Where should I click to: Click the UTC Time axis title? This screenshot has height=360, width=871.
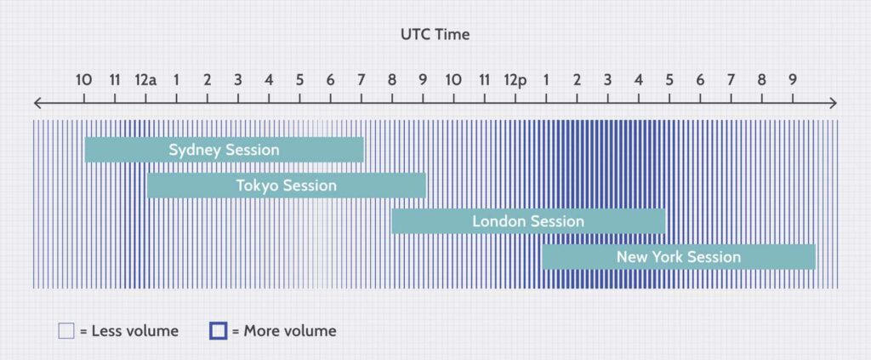click(x=435, y=34)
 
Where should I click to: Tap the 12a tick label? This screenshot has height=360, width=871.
click(x=145, y=80)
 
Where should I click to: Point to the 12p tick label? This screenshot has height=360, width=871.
click(x=515, y=80)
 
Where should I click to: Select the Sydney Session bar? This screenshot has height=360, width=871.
click(x=225, y=150)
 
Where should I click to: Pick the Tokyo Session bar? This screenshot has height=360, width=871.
click(x=287, y=186)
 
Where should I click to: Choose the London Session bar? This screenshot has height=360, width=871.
click(x=528, y=221)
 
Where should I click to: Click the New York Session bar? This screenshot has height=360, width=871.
click(x=679, y=257)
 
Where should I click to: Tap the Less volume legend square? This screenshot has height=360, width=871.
click(x=66, y=331)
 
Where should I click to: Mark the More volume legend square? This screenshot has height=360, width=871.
click(x=219, y=331)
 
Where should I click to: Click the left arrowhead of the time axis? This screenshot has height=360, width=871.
click(x=37, y=103)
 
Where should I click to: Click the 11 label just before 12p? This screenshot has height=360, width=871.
click(x=484, y=80)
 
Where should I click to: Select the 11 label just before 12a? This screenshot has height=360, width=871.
click(x=115, y=80)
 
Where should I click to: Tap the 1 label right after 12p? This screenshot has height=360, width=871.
click(x=546, y=80)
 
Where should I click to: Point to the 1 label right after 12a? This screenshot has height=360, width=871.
click(x=176, y=80)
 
